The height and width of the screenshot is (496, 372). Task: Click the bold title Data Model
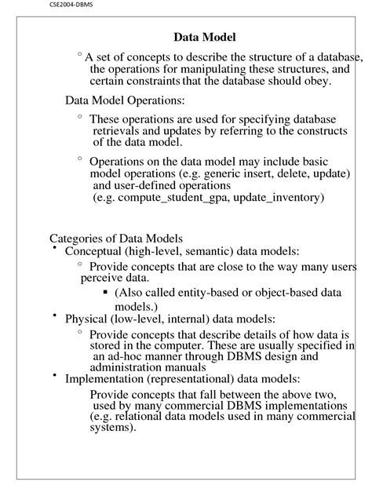(x=204, y=37)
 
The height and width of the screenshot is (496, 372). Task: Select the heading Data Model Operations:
(x=125, y=100)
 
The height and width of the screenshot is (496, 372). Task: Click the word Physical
(x=87, y=319)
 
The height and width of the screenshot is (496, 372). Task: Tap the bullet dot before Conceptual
(x=55, y=249)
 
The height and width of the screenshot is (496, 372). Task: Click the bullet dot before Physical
(x=55, y=315)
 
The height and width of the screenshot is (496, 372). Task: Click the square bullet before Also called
(x=105, y=292)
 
